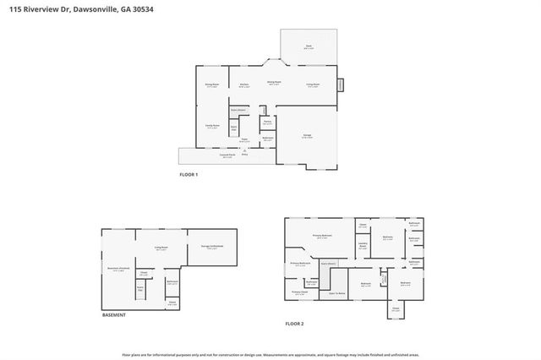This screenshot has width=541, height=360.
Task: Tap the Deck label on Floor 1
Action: [309, 47]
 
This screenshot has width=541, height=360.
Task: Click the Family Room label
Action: [212, 127]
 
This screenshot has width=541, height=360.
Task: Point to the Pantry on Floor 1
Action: [266, 123]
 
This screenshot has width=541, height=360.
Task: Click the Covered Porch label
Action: [227, 155]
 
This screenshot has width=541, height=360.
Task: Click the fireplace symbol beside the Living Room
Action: [341, 85]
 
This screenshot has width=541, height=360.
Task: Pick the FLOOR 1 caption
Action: [188, 175]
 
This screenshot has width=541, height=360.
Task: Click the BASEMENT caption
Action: [113, 314]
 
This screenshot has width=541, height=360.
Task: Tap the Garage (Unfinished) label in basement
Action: [210, 248]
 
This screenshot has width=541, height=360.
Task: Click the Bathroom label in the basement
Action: [172, 282]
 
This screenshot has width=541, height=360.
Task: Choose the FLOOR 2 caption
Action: [293, 324]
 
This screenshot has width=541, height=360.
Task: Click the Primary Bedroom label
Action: [321, 237]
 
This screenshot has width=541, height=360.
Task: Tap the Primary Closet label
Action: [300, 293]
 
